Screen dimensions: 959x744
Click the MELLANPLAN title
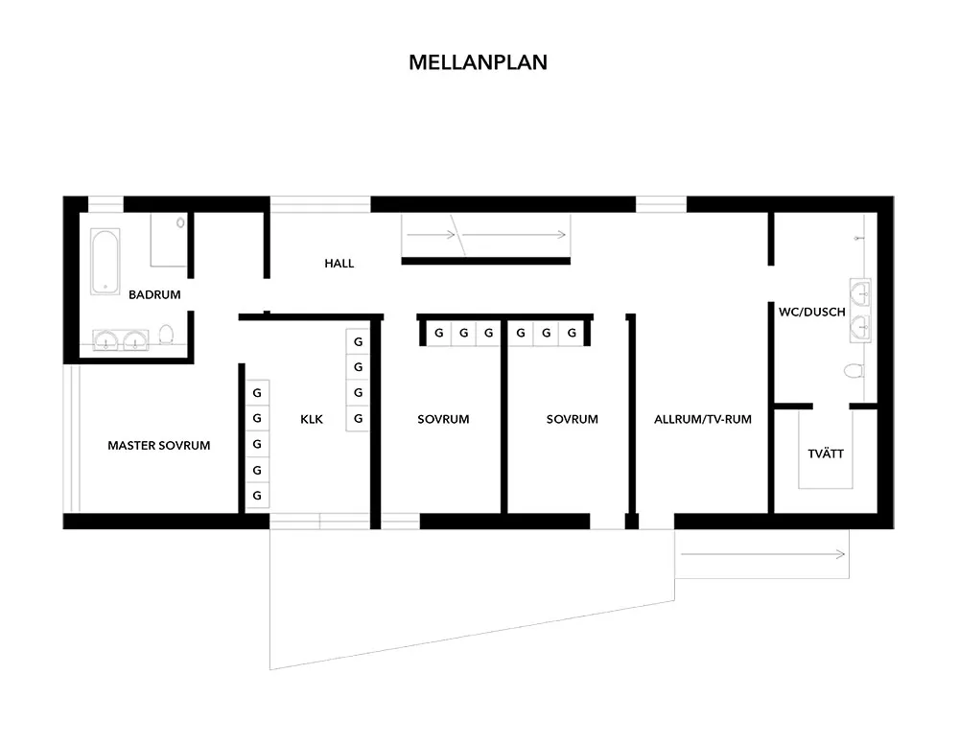pos(478,62)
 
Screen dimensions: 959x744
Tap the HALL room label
pos(339,264)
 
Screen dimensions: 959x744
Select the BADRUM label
pos(154,294)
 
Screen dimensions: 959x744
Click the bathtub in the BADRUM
pos(105,262)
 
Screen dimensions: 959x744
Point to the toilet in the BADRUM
pos(166,334)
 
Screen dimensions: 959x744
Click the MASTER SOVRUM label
pos(159,446)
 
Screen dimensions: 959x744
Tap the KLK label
pos(312,419)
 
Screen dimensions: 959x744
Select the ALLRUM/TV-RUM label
pos(703,419)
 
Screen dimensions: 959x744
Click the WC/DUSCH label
pos(811,312)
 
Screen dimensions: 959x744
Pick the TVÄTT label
pos(826,453)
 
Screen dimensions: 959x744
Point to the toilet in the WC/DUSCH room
pos(854,370)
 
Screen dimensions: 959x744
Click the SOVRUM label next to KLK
pos(443,419)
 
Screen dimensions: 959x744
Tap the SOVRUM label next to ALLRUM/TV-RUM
pos(572,419)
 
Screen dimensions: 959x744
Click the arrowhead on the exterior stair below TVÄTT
pos(842,554)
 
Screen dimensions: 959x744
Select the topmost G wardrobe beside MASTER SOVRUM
pos(257,392)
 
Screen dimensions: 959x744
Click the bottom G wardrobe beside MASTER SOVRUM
pos(257,495)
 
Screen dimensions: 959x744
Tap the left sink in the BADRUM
pos(106,340)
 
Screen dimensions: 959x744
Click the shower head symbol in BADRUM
pos(180,223)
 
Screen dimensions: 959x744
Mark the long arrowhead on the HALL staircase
pos(562,235)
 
